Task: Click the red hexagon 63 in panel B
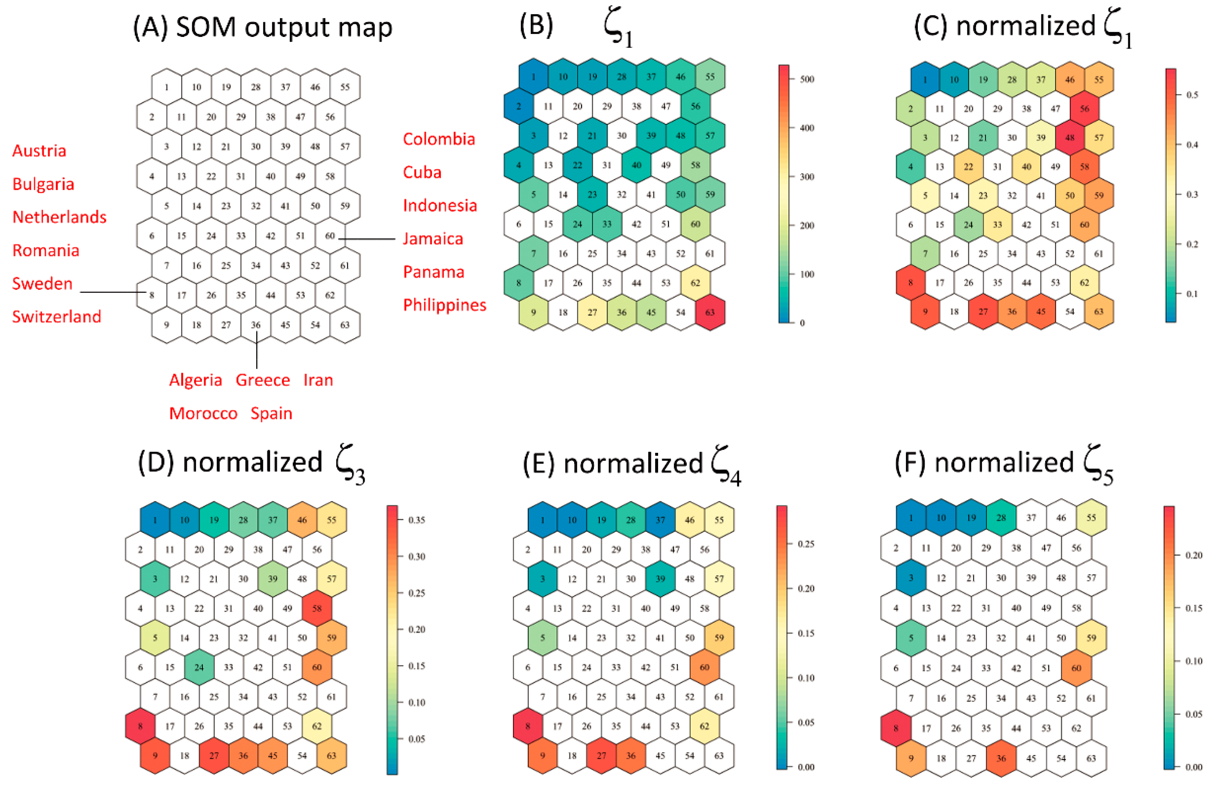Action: click(709, 312)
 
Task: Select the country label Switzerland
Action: click(56, 316)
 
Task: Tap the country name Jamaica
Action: click(433, 239)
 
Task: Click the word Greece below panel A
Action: click(262, 380)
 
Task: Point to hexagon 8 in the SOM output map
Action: click(152, 295)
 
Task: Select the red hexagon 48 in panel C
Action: click(1069, 138)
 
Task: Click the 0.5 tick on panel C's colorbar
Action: click(1192, 95)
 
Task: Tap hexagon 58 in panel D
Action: click(317, 608)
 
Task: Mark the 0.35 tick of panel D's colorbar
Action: click(416, 520)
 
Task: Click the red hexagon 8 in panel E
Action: click(527, 726)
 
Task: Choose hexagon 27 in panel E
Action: click(601, 755)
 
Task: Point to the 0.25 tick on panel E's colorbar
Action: click(806, 544)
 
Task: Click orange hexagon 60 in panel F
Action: click(1076, 668)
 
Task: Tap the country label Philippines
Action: click(445, 305)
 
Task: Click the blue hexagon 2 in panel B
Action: click(518, 106)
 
